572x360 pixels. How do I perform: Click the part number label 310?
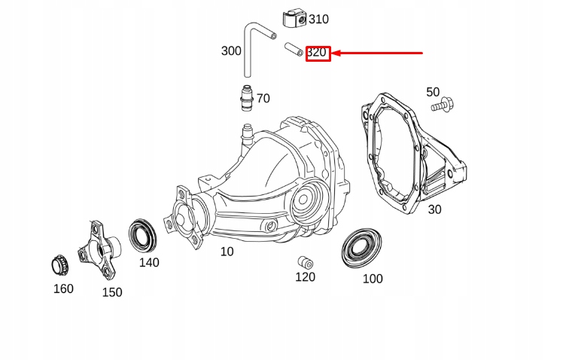(x=318, y=20)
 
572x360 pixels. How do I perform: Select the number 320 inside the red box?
(x=317, y=53)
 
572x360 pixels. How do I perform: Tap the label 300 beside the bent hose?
(x=231, y=51)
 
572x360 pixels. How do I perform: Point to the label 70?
(x=263, y=99)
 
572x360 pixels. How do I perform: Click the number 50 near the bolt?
(x=433, y=92)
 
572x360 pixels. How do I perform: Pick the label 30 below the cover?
(x=434, y=210)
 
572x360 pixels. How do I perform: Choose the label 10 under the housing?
(x=227, y=252)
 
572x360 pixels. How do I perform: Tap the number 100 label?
(x=373, y=279)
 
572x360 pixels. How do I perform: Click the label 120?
(x=305, y=277)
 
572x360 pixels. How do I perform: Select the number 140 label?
(x=149, y=263)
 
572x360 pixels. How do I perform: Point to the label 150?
(x=112, y=292)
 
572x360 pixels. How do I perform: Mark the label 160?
(x=63, y=288)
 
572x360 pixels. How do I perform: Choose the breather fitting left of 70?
(x=244, y=99)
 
